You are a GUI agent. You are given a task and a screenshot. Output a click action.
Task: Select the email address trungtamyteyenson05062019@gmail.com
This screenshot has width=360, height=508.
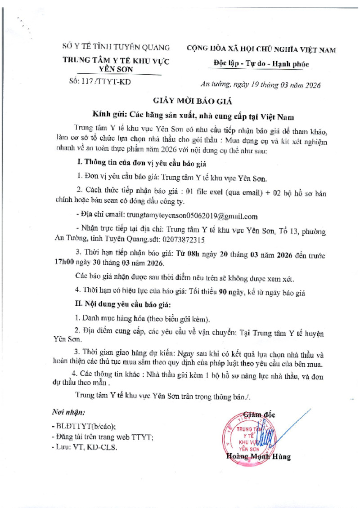click(x=192, y=216)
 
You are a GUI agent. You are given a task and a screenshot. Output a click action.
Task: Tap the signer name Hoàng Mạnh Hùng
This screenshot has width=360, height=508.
click(x=259, y=457)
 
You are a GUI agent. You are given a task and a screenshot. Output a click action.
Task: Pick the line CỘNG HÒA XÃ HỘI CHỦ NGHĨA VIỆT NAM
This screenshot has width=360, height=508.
click(x=261, y=50)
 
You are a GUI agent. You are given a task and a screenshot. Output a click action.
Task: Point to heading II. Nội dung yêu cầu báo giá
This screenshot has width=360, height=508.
click(x=124, y=305)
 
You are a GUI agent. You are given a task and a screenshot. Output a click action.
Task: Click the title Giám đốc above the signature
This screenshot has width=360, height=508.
click(x=259, y=414)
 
